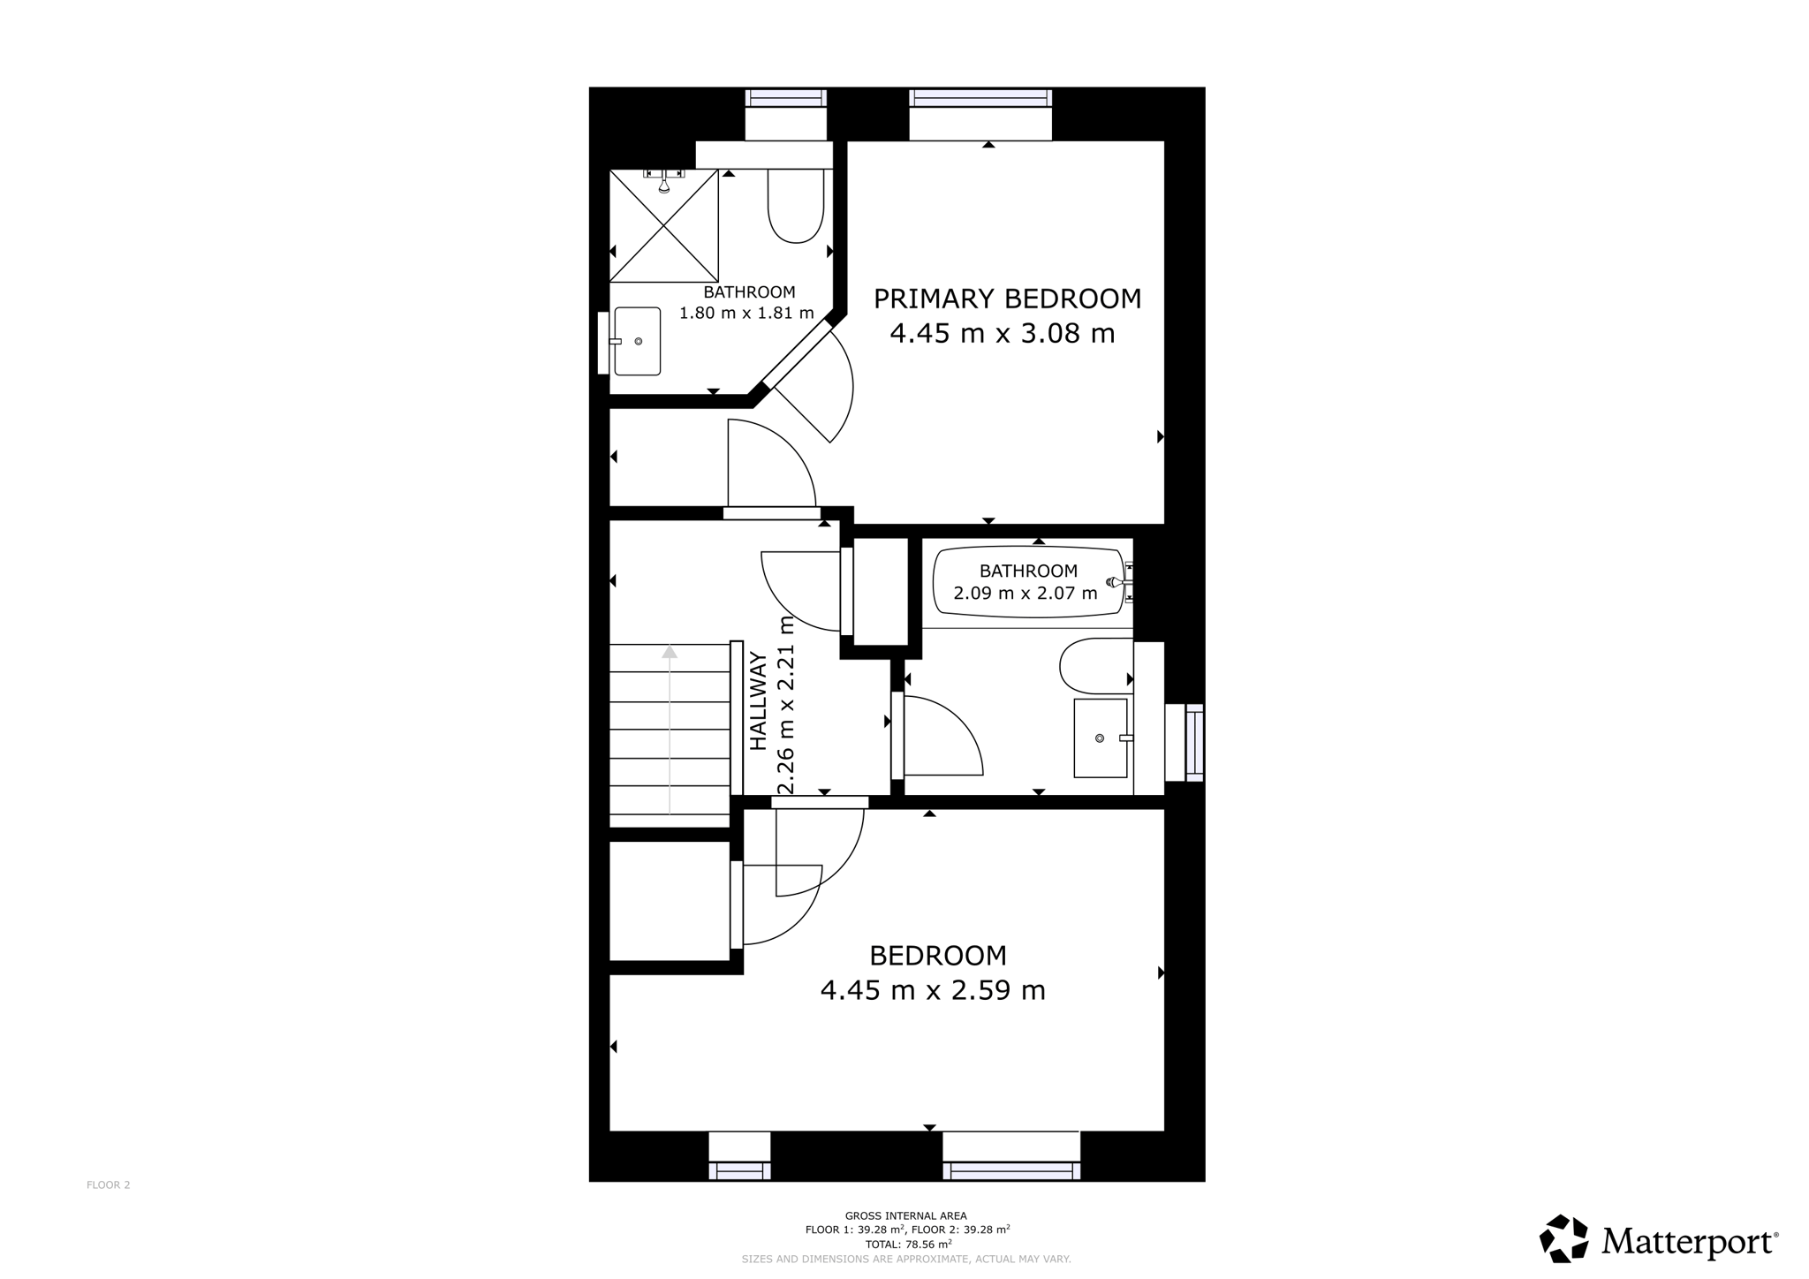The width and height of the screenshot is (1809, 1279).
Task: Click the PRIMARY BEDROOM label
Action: (1007, 299)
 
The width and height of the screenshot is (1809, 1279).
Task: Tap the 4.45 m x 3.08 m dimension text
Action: (1003, 334)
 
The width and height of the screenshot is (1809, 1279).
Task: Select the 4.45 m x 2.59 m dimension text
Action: (933, 990)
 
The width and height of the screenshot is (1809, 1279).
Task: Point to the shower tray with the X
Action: (663, 225)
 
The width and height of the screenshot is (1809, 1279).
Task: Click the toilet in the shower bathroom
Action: (796, 206)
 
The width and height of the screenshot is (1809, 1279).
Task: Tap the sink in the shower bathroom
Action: (637, 341)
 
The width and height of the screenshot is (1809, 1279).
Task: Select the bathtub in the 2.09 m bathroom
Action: (1029, 582)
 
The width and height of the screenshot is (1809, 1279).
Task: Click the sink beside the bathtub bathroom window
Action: (1101, 738)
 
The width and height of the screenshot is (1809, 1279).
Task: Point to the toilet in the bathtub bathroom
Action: (1096, 666)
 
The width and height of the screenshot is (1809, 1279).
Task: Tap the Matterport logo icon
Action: (1564, 1238)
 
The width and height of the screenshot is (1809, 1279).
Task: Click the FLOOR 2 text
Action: (109, 1185)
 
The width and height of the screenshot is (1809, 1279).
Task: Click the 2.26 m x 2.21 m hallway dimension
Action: (786, 706)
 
